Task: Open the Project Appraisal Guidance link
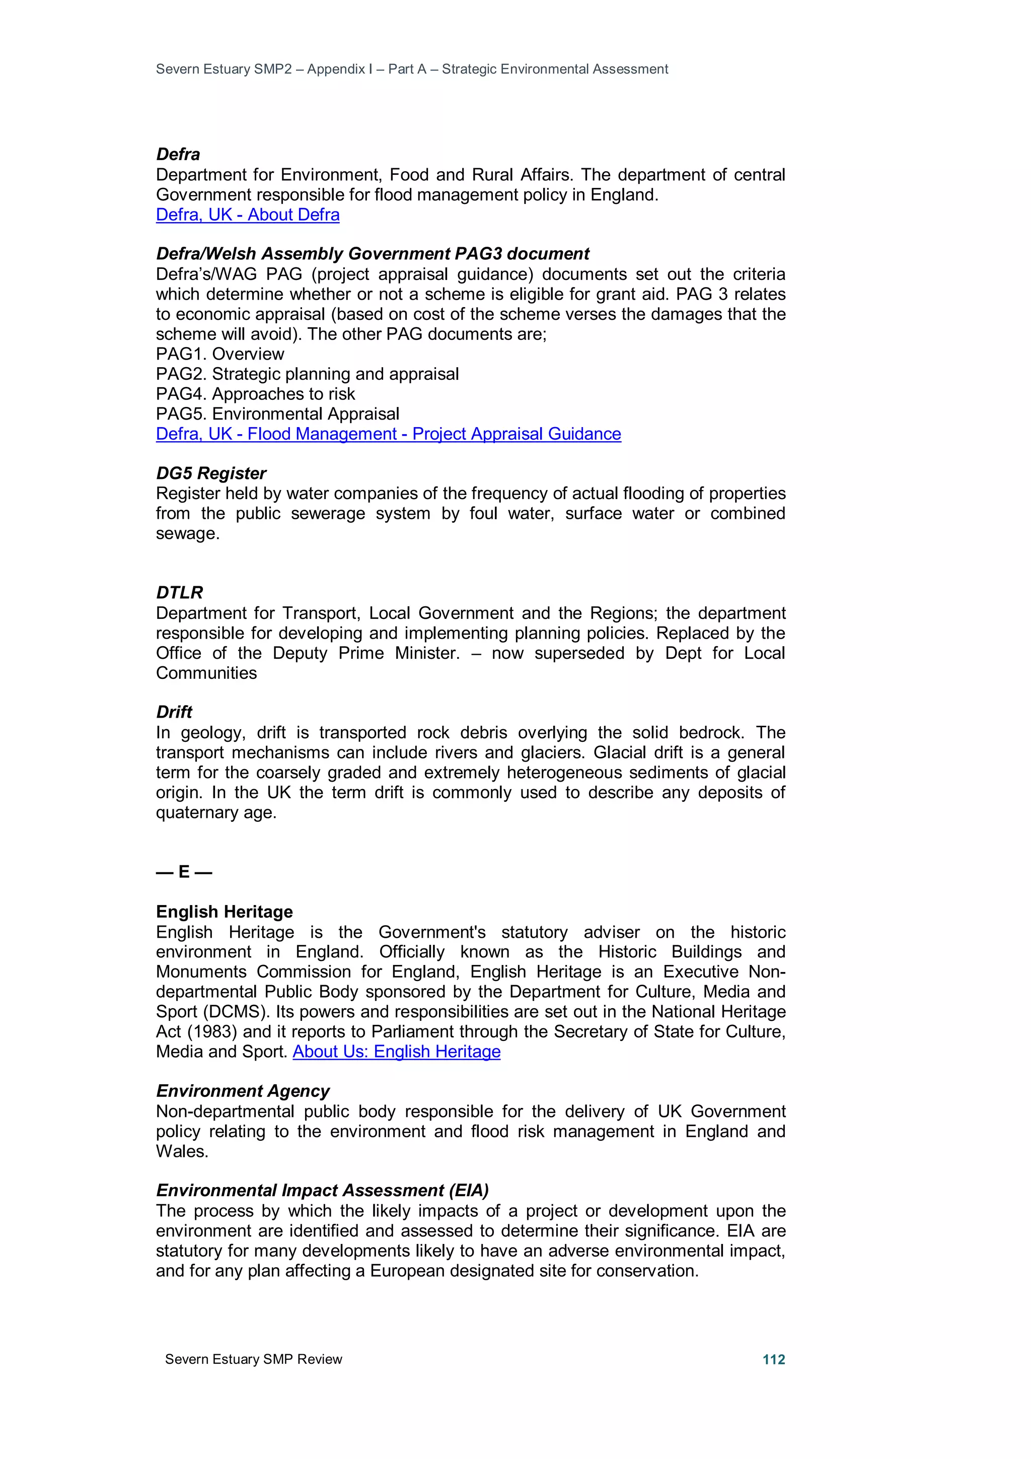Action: (388, 434)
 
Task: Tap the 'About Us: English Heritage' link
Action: (396, 1052)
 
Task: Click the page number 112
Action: (773, 1359)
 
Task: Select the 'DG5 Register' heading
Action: (211, 473)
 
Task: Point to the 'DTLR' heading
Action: (180, 593)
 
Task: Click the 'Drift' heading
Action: (174, 712)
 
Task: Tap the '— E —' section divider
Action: (184, 872)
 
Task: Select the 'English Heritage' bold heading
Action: (224, 912)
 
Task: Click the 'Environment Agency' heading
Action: (243, 1091)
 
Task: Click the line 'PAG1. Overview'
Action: (220, 354)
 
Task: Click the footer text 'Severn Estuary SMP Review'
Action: (253, 1359)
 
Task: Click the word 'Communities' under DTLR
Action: (206, 673)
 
